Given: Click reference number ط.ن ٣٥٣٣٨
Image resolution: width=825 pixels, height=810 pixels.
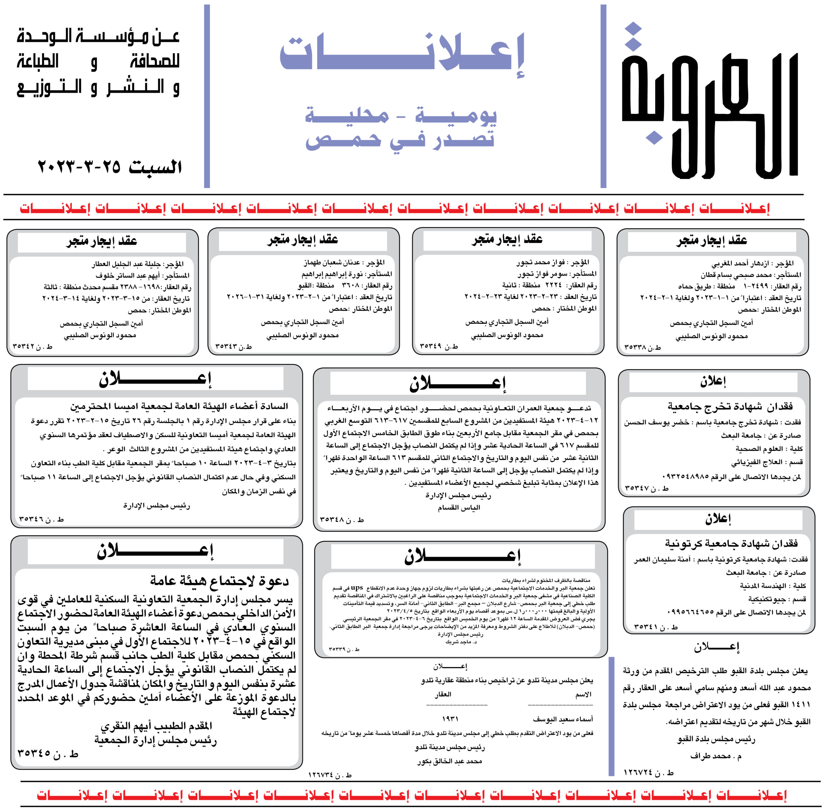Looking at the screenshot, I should click(x=643, y=347).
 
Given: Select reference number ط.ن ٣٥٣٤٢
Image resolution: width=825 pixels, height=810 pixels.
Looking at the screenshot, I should click(x=32, y=347).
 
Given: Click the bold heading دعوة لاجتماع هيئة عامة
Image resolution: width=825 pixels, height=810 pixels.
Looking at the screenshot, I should click(x=219, y=580).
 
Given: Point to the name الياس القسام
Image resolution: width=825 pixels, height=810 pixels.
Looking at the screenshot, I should click(x=459, y=507).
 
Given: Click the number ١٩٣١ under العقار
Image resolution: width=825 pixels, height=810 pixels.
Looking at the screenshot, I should click(x=450, y=718).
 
